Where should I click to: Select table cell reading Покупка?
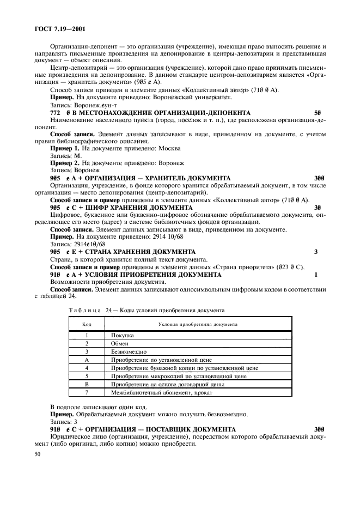pyautogui.click(x=123, y=336)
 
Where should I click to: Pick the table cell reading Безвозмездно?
pyautogui.click(x=129, y=352)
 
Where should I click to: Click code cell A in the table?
pyautogui.click(x=87, y=360)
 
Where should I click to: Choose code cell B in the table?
pyautogui.click(x=87, y=384)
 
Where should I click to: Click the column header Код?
pyautogui.click(x=87, y=323)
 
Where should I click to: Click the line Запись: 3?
pyautogui.click(x=63, y=422)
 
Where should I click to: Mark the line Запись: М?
pyautogui.click(x=65, y=155)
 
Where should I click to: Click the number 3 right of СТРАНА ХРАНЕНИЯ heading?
pyautogui.click(x=316, y=252)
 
